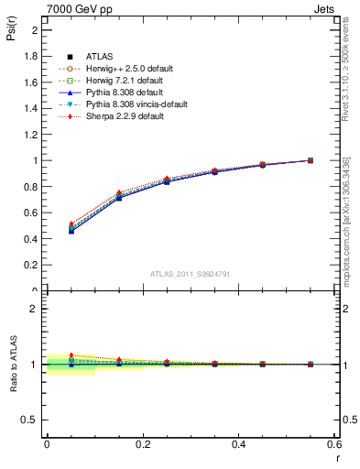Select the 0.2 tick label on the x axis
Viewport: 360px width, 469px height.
142,444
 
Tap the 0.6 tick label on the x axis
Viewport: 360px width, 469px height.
334,444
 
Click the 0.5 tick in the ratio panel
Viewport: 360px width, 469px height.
31,420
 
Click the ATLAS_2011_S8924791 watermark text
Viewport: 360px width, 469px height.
189,273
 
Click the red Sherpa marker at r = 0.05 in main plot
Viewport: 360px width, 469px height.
71,224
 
